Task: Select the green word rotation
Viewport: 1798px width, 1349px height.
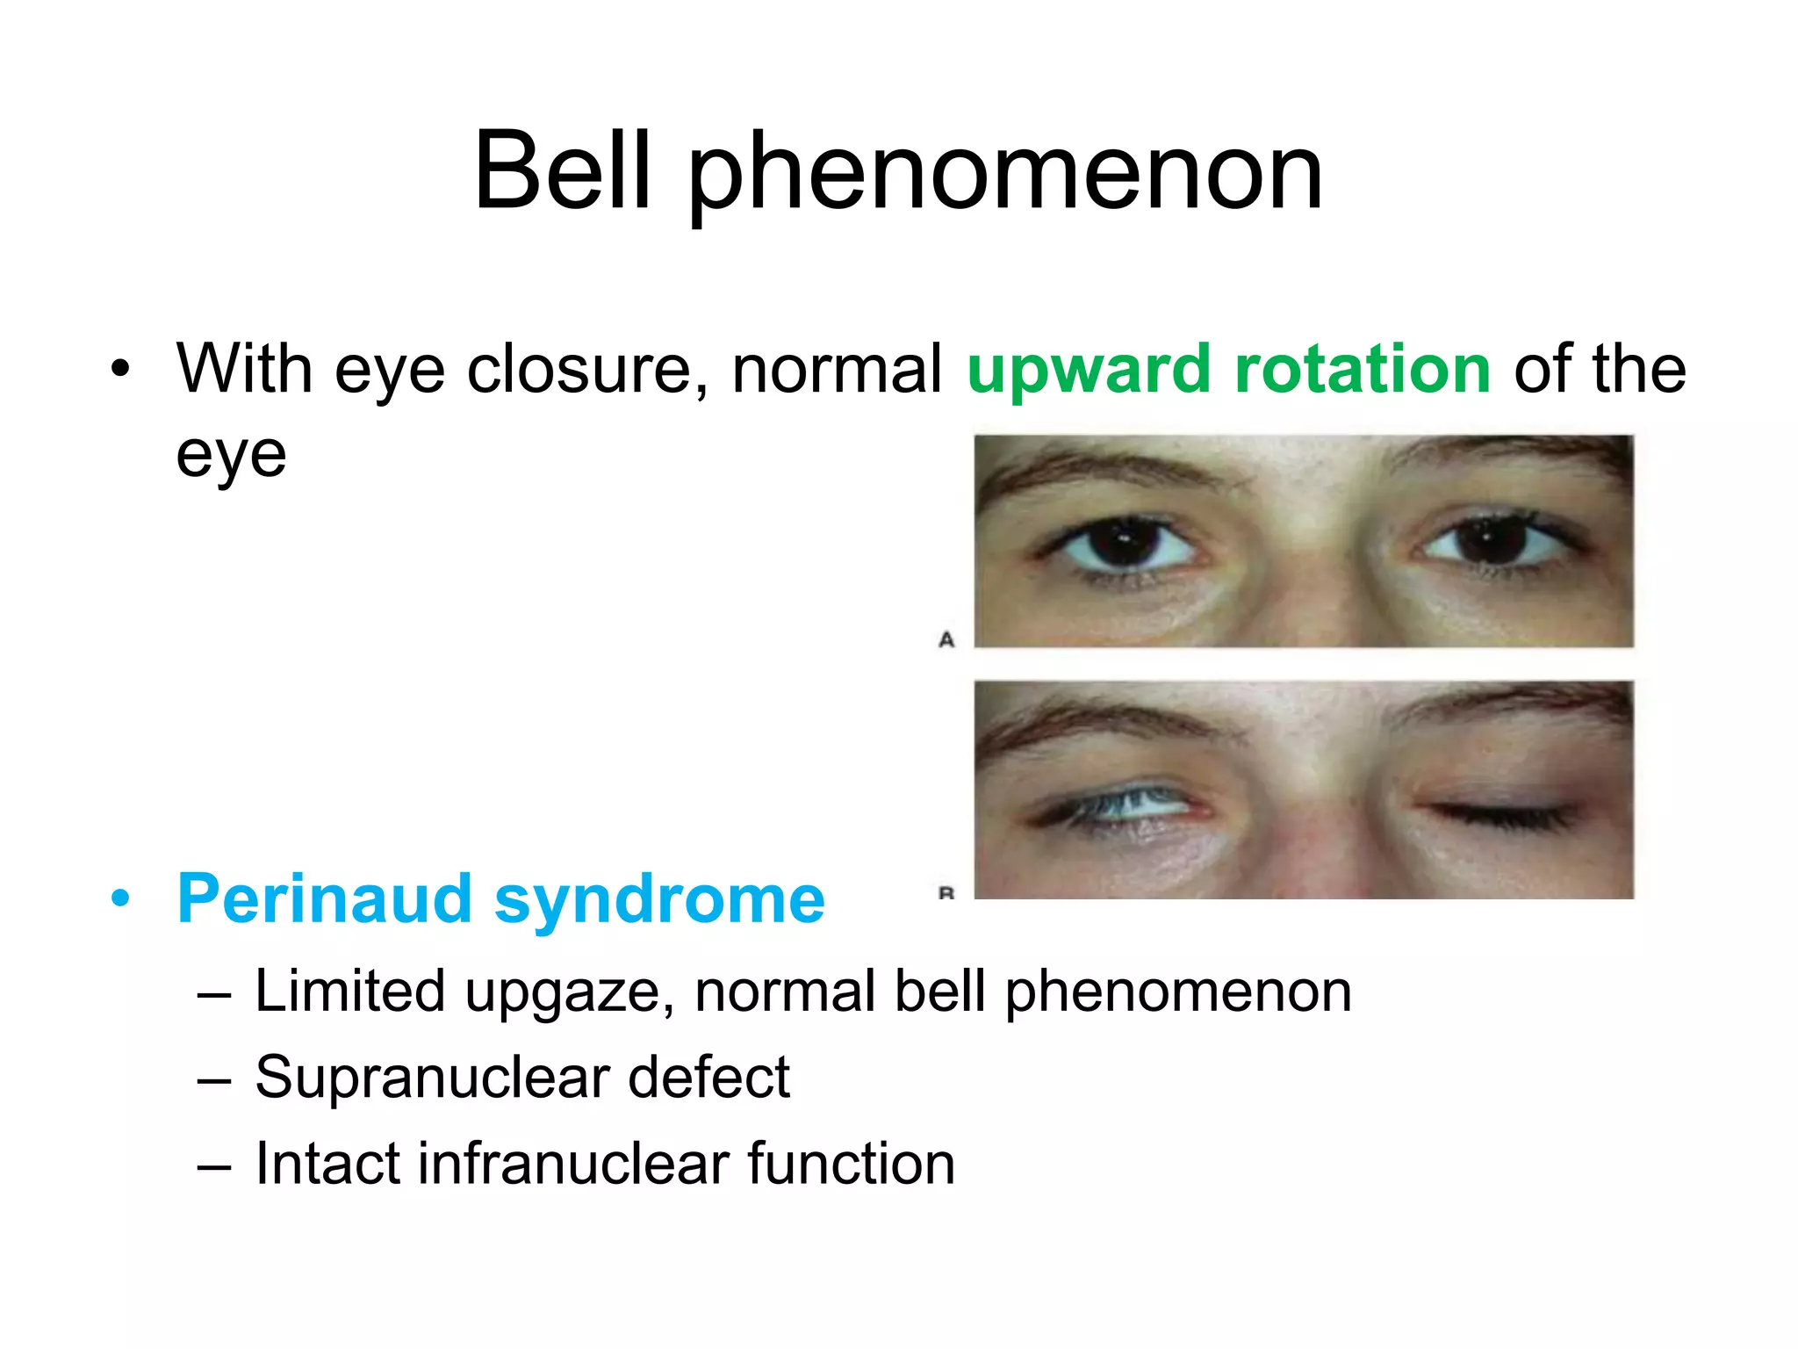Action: (x=1362, y=369)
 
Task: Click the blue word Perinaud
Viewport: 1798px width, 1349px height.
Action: (x=325, y=899)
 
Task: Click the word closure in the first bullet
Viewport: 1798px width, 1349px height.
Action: (x=586, y=369)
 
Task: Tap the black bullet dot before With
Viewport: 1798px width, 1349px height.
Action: (x=120, y=369)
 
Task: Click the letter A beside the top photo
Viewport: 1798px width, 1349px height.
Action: (x=946, y=639)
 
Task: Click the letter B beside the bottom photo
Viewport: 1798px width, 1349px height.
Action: (x=946, y=893)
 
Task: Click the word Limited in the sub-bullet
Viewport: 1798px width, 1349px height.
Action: (x=349, y=992)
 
